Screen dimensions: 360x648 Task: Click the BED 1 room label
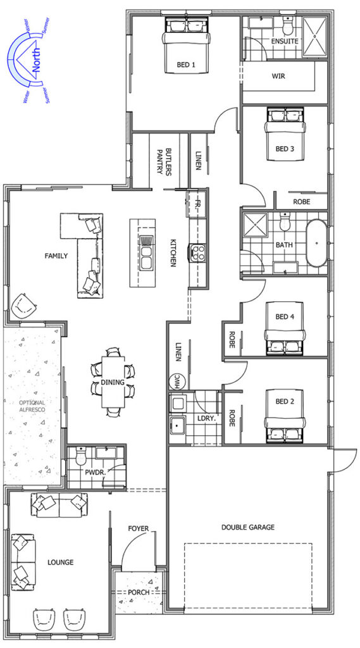(x=185, y=65)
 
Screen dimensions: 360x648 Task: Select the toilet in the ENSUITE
(x=286, y=27)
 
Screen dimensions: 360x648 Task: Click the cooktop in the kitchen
(x=197, y=253)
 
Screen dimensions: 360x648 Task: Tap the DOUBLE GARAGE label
(x=248, y=527)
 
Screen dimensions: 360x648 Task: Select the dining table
(x=113, y=382)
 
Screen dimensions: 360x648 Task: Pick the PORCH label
(x=139, y=592)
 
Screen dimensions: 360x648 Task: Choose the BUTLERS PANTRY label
(x=164, y=161)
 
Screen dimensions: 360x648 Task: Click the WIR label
(x=278, y=76)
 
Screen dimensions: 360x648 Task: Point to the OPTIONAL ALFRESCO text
(x=32, y=406)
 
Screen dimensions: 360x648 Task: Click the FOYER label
(x=138, y=528)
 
